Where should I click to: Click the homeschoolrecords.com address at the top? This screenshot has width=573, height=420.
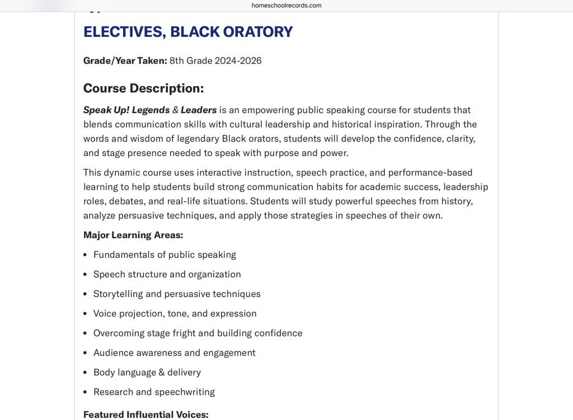286,6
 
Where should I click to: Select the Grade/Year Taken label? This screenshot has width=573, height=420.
125,60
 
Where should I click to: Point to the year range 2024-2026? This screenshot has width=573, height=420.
238,60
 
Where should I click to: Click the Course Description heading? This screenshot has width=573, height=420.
143,88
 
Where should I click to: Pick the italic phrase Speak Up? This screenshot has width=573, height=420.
106,110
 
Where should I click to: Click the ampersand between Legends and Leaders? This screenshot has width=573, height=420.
175,110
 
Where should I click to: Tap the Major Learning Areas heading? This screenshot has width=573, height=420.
133,235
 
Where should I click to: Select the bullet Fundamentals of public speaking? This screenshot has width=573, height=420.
165,255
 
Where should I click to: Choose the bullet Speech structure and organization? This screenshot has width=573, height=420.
167,275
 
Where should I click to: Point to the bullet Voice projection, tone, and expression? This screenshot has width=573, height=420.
175,314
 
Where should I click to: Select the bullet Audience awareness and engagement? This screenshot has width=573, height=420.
174,353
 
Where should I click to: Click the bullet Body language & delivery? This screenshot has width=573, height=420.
147,372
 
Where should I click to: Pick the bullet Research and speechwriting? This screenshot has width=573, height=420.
154,392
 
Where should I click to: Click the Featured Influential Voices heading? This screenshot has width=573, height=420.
145,414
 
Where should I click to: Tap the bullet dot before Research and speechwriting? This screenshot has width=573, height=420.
85,392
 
